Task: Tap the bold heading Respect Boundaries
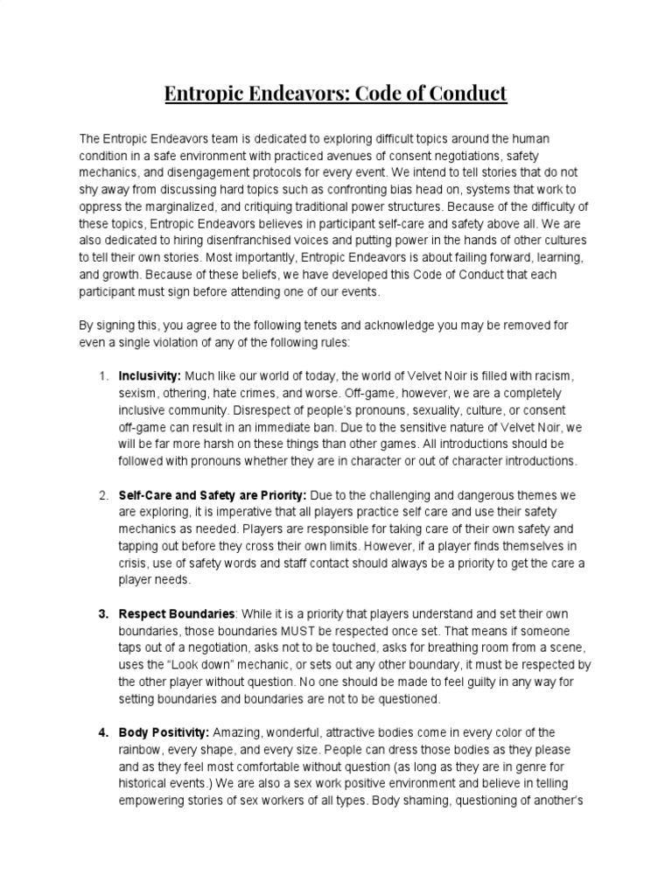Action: point(177,613)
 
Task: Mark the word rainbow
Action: point(143,750)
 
